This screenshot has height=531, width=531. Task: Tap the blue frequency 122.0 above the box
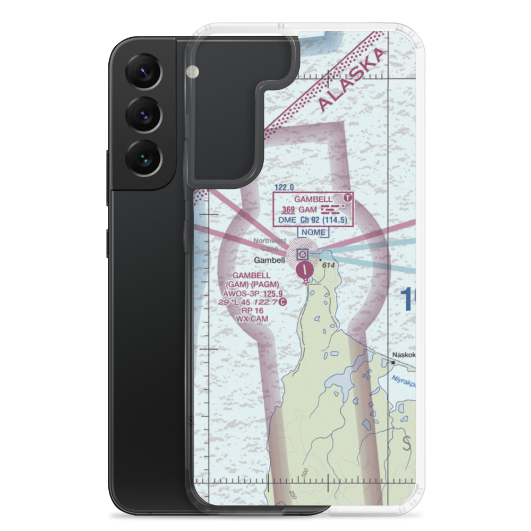pyautogui.click(x=284, y=187)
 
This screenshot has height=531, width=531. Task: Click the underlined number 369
pyautogui.click(x=288, y=210)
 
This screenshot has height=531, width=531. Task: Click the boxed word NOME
pyautogui.click(x=313, y=233)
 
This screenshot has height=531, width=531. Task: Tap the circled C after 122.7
pyautogui.click(x=283, y=302)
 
